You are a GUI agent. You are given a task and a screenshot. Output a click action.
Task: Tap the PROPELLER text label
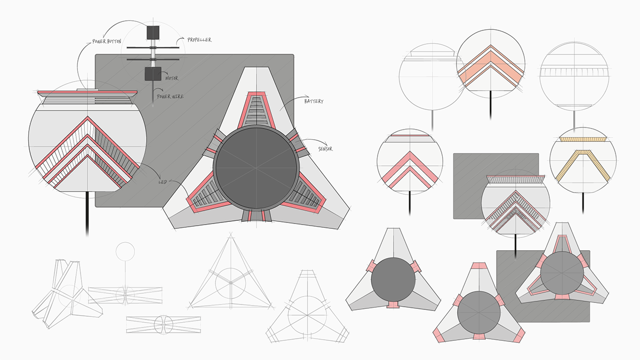coord(199,40)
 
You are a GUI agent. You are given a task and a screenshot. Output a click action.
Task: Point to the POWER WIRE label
coord(171,97)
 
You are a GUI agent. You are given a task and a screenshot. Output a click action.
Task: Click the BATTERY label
coord(315,101)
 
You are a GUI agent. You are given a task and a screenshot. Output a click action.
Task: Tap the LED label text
coord(163,182)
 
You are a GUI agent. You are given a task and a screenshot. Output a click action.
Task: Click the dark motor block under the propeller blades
coord(153,74)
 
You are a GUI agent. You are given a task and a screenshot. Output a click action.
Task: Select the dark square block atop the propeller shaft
coord(153,33)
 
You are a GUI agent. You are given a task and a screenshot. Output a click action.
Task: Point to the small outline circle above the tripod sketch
coord(126,251)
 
